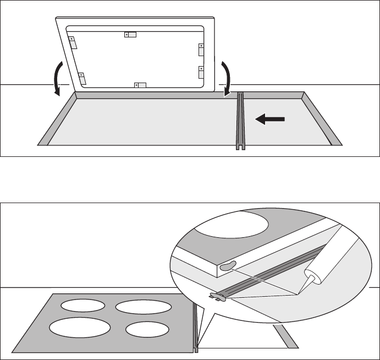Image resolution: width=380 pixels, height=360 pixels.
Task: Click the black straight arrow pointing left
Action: click(x=269, y=118)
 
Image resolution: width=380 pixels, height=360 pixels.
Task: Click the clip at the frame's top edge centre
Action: click(x=130, y=35)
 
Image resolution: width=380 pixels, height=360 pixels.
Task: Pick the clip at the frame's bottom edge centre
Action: click(x=141, y=85)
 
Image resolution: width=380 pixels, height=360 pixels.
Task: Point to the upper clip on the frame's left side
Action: click(x=72, y=42)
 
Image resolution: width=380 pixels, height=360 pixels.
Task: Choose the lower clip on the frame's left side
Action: click(x=82, y=79)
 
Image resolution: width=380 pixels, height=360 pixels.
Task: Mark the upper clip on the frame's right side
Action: click(x=201, y=49)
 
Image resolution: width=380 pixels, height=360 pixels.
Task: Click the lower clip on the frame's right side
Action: click(x=201, y=72)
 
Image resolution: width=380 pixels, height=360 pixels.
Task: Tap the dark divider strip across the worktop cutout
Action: click(x=240, y=121)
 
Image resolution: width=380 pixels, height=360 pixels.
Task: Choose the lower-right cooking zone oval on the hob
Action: click(x=146, y=329)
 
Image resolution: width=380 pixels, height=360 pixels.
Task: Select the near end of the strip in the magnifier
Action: click(x=219, y=297)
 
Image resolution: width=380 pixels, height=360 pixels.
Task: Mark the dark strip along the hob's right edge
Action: click(x=195, y=325)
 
